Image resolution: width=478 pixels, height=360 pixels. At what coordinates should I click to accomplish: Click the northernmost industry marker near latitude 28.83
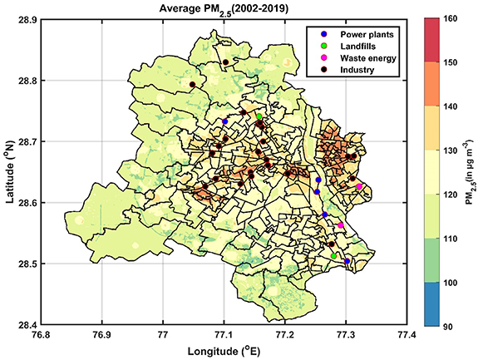225,62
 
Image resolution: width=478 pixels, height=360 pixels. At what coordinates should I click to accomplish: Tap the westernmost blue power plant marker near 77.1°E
224,121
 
